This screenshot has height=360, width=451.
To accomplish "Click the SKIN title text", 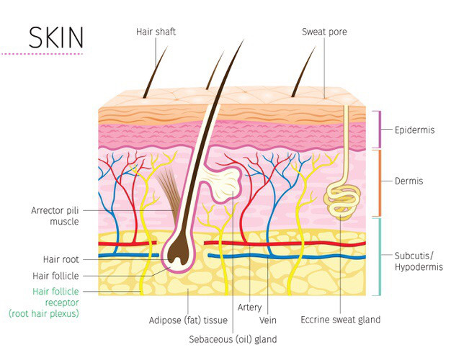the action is point(56,37).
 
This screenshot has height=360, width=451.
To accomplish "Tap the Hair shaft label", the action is point(156,32).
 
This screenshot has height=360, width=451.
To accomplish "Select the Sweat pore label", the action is point(324,32).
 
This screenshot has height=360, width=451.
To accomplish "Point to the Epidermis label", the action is point(414,130).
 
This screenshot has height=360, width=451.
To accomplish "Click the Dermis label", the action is point(408,181).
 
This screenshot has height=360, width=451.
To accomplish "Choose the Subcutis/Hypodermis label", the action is point(419,261).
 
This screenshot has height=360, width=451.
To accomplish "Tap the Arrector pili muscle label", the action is point(55,216).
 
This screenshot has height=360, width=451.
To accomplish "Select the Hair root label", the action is point(61,259).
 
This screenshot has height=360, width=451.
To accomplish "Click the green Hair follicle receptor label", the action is point(44,302).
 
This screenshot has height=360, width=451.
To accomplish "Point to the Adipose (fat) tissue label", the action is point(188,320).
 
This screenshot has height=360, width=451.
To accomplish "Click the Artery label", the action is point(249,307).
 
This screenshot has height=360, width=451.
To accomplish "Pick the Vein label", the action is point(267,320).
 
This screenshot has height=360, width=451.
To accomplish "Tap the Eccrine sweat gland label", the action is point(340,320).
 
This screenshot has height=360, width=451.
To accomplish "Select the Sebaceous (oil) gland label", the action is point(233,339).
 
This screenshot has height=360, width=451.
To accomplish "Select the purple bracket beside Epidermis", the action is point(378,130).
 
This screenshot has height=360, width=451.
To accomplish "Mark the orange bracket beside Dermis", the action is point(378,183).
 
